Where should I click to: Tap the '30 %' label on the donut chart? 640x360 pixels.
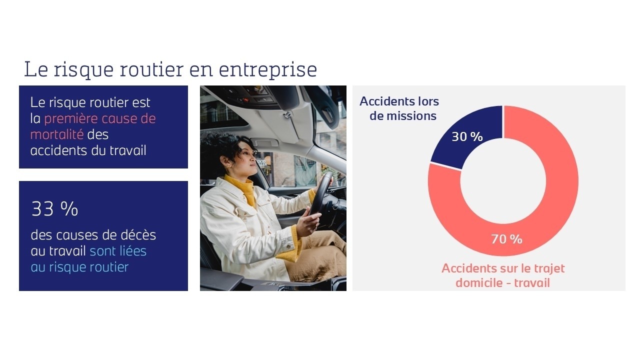point(467,136)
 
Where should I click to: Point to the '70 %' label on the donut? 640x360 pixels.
point(506,239)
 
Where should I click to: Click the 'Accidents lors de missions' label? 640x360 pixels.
point(399,108)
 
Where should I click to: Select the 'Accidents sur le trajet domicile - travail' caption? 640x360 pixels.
point(503,275)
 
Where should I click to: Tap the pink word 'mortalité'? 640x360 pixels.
point(57,134)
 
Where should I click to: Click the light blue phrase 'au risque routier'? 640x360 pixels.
point(79,267)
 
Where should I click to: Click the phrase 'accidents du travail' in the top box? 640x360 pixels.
point(88,150)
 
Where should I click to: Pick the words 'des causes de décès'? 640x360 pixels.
point(93,234)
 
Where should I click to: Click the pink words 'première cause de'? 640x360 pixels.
point(99,118)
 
